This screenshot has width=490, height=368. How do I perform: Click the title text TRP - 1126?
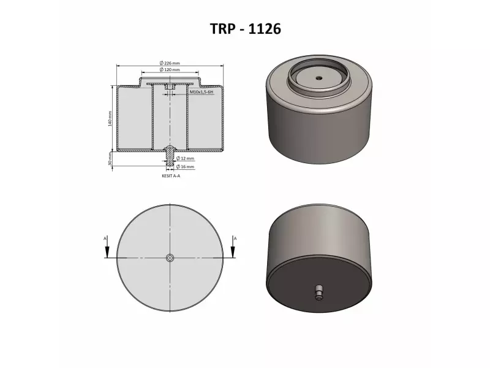[245, 28]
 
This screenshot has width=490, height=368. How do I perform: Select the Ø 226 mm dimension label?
[170, 63]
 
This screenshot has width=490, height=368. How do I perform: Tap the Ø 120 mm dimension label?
[170, 70]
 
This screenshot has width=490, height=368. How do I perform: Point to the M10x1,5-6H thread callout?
[201, 91]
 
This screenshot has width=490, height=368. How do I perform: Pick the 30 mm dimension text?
[110, 159]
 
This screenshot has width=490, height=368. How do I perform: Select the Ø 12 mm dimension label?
[186, 159]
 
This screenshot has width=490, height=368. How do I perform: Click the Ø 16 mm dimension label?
[186, 166]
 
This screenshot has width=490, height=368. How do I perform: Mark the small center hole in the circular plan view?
[170, 258]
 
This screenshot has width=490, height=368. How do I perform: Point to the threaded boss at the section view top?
[170, 88]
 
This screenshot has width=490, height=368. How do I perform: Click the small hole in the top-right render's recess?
[319, 78]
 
